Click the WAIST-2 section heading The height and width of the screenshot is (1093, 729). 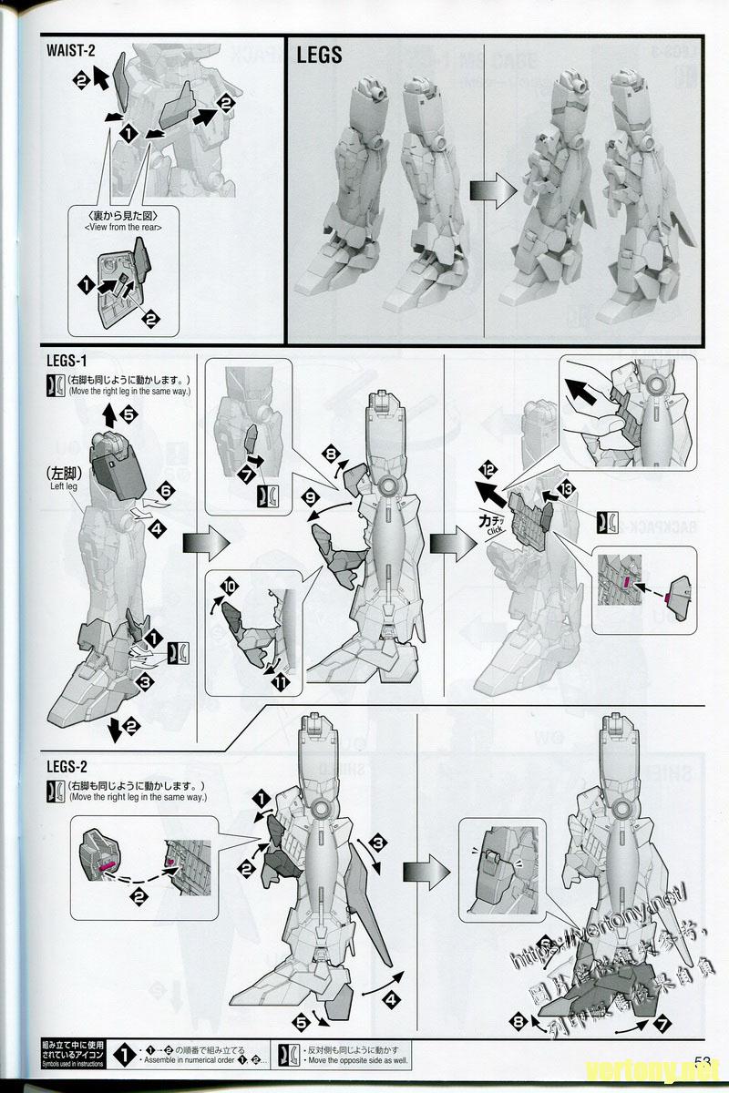click(x=71, y=49)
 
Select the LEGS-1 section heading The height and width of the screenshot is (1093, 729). click(x=67, y=363)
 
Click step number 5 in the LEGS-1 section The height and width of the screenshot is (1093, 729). click(x=128, y=414)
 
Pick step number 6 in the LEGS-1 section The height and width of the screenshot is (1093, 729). click(x=165, y=491)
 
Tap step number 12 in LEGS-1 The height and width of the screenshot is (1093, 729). click(x=488, y=470)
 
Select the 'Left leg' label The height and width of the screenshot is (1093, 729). click(x=57, y=487)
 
